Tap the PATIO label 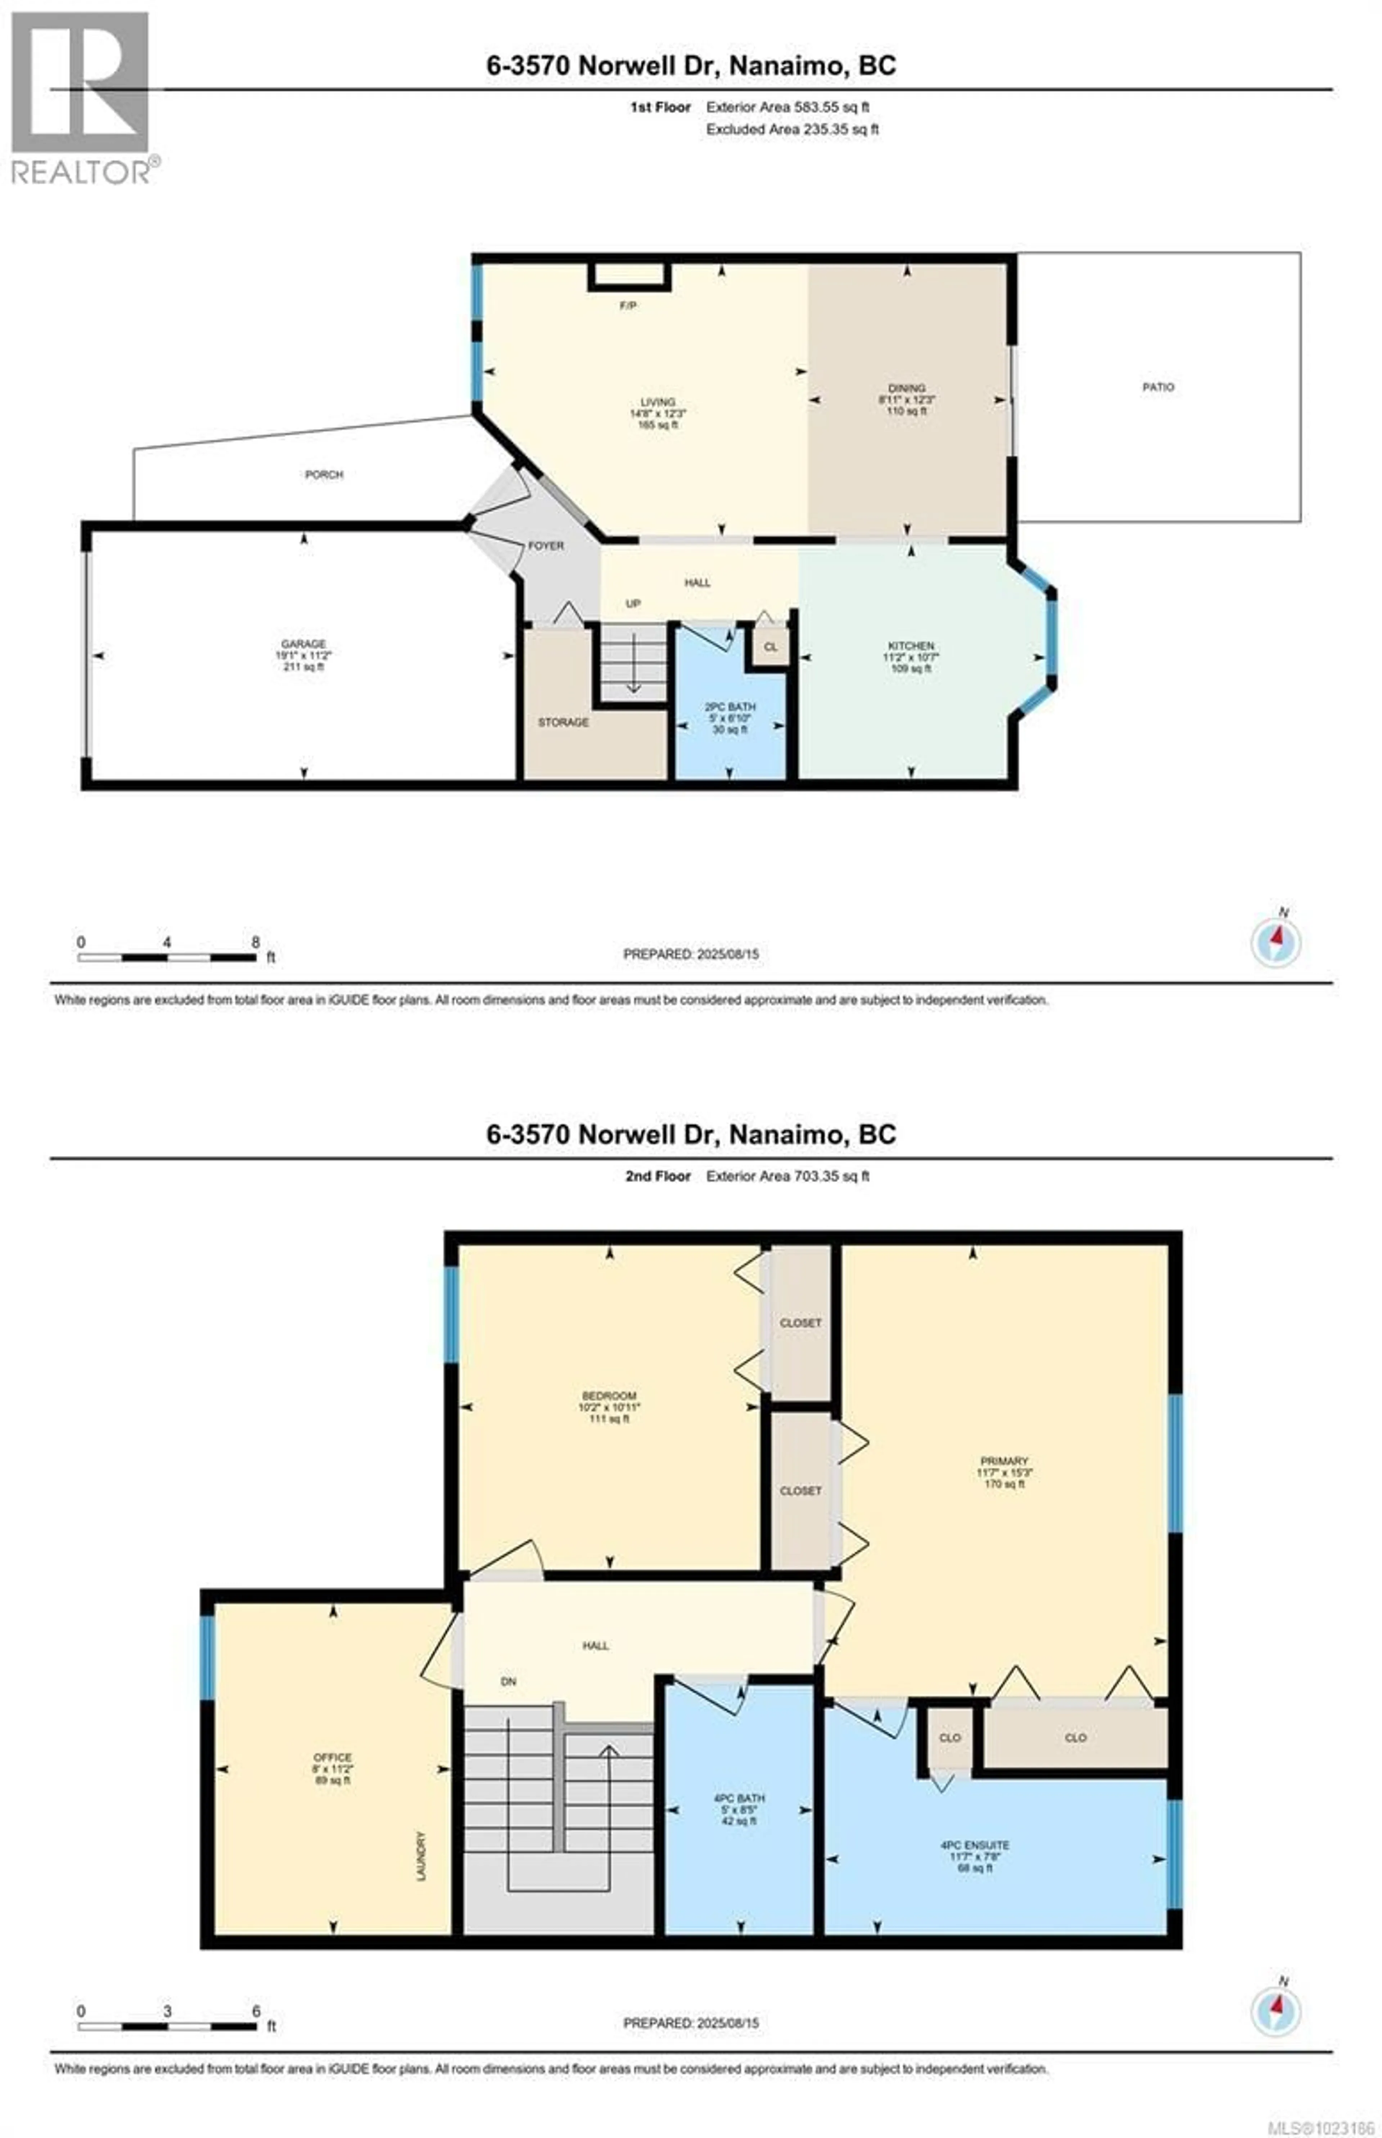click(1158, 387)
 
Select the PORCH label click(324, 474)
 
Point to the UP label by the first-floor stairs click(633, 604)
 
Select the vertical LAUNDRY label click(421, 1856)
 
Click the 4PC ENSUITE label click(975, 1845)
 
